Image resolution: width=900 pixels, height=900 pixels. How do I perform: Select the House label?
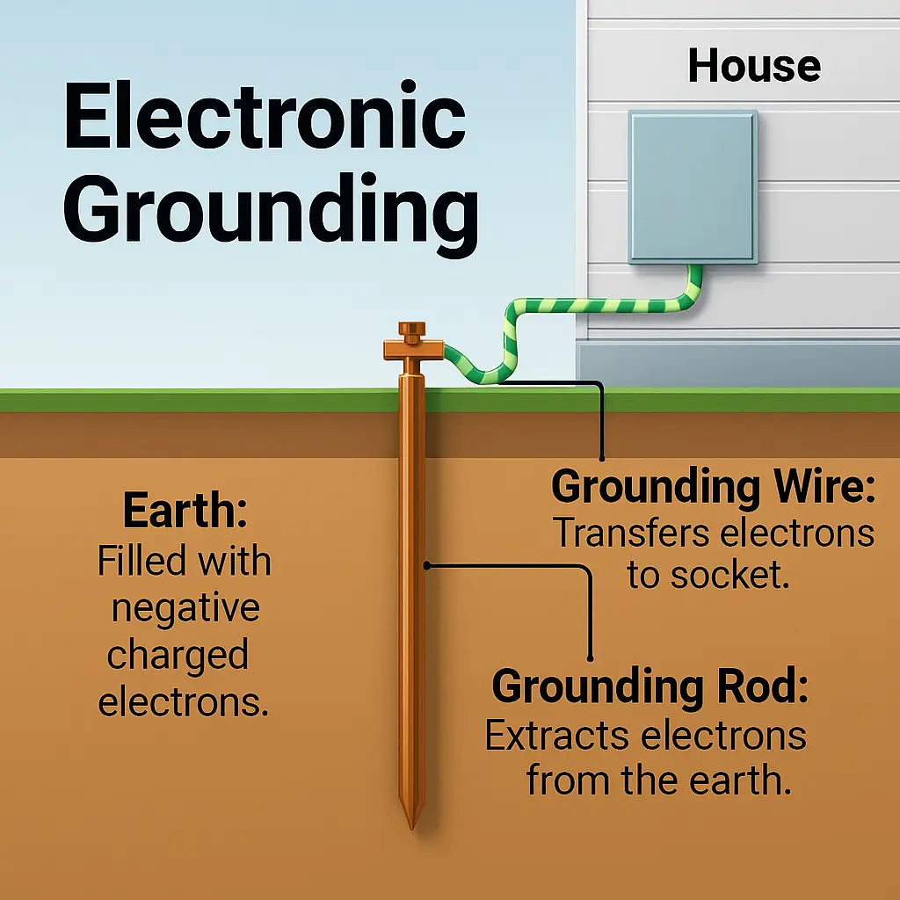[x=754, y=66]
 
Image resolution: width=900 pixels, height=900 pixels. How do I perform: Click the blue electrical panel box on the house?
[x=693, y=186]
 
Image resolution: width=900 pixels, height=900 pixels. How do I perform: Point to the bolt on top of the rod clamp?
[x=411, y=332]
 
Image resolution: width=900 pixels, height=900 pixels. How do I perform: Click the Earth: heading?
[x=185, y=512]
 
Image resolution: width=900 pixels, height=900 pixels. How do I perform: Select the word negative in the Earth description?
[x=185, y=608]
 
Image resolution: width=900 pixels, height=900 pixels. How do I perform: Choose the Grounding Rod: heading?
[x=650, y=686]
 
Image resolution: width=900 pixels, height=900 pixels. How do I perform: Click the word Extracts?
[x=560, y=735]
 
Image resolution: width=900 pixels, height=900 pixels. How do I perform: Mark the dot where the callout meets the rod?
[x=427, y=566]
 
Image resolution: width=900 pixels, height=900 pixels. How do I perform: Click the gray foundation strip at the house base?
[x=738, y=363]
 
